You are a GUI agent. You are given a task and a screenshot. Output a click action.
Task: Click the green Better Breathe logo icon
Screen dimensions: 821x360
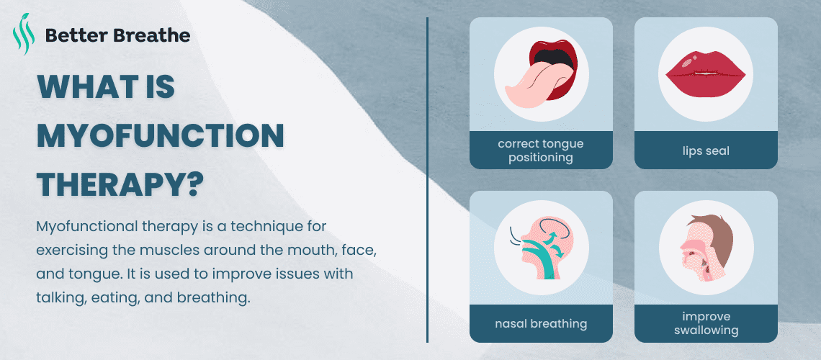24,34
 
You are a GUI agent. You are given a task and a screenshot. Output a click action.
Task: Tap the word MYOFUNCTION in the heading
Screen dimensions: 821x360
160,135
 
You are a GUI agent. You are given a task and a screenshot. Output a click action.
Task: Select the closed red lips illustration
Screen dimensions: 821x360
705,73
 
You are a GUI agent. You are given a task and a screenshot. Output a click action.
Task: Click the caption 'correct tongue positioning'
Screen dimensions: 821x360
541,150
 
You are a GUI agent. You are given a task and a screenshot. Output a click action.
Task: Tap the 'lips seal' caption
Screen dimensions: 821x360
706,150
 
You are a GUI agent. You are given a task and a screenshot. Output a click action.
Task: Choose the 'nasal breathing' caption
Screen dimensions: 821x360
541,323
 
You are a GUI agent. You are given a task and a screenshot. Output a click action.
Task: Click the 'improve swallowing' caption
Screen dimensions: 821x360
706,323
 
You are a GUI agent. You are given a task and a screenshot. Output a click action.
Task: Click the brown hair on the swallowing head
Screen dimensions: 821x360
712,235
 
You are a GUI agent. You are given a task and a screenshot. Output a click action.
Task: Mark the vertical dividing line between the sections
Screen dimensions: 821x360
427,180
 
